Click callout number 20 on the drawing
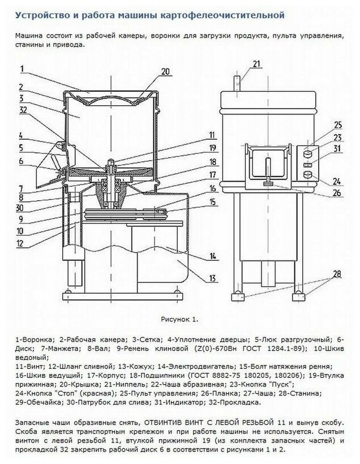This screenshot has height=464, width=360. [165, 71]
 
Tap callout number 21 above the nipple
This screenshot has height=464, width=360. [256, 63]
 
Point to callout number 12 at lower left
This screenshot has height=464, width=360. [20, 244]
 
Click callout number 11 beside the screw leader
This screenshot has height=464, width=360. [212, 135]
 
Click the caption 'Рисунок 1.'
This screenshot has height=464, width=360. [180, 319]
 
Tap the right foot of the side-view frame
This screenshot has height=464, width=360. [298, 296]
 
